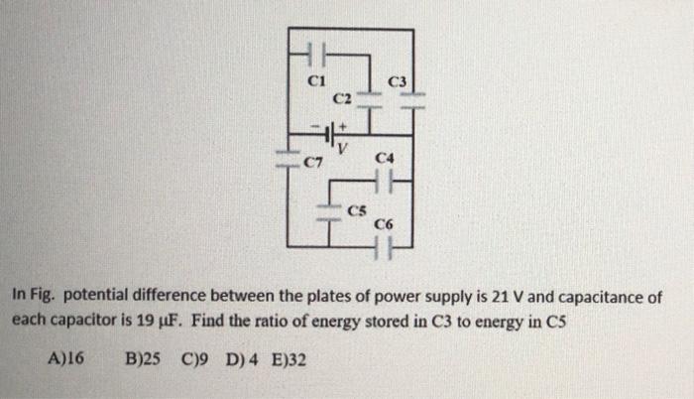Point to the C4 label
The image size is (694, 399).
point(386,157)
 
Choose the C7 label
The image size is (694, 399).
point(313,161)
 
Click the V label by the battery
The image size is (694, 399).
point(343,149)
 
